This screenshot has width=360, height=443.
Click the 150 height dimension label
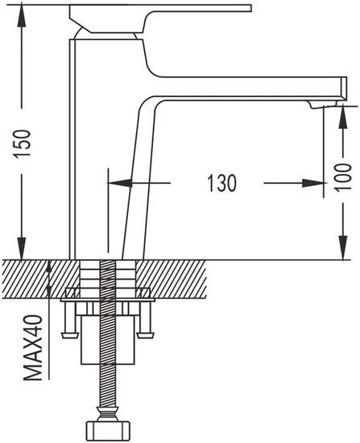click(x=23, y=143)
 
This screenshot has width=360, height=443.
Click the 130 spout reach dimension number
click(x=221, y=184)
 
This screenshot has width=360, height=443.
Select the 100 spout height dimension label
click(x=344, y=177)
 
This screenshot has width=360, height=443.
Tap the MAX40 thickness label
click(x=33, y=347)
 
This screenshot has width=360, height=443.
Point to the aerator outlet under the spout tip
click(x=323, y=105)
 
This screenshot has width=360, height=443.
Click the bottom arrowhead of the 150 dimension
click(x=22, y=249)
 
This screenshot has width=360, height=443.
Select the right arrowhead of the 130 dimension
click(x=312, y=183)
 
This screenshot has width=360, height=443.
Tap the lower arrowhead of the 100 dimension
click(x=343, y=248)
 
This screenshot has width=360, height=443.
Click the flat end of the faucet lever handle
click(x=250, y=8)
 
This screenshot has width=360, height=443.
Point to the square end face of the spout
click(x=344, y=88)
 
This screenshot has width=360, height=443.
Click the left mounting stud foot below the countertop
click(x=69, y=335)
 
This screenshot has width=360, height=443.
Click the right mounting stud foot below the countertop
click(x=146, y=335)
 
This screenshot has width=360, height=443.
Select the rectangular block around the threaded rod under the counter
click(x=107, y=340)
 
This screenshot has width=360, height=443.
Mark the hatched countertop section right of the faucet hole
click(x=171, y=279)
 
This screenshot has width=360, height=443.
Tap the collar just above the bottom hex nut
click(x=107, y=414)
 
